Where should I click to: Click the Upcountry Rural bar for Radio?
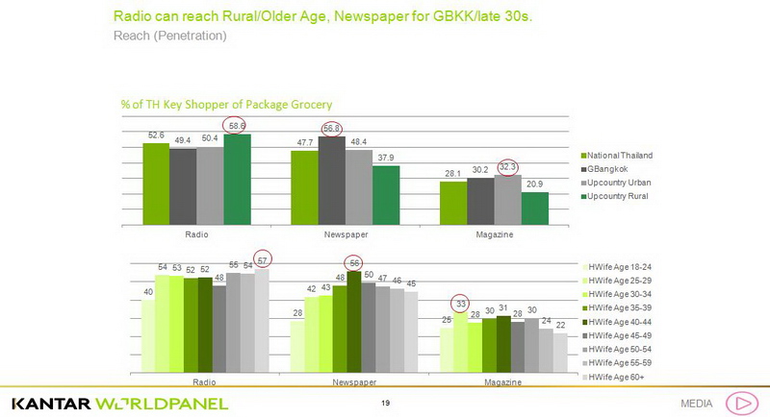coord(237,179)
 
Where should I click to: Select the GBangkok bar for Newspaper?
coord(332,180)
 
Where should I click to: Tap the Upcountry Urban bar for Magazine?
coord(507,199)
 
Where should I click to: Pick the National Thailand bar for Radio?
coord(156,184)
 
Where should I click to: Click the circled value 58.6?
coord(236,126)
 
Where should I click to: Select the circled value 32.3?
coord(508,167)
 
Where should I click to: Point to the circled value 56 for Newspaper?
coord(354,262)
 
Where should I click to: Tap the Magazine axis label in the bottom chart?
coord(501,381)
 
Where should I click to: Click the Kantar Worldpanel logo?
coord(119,402)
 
